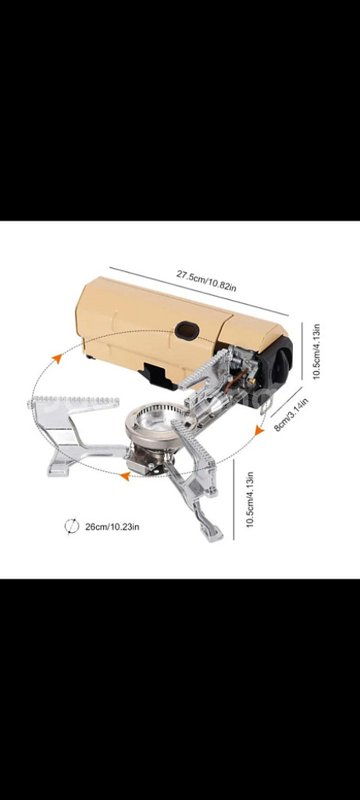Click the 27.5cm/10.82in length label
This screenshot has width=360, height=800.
coord(206,281)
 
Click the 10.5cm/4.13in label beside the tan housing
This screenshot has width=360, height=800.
coord(316,352)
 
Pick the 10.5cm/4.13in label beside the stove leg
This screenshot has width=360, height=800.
coord(250,499)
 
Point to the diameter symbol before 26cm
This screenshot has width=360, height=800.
coord(72,526)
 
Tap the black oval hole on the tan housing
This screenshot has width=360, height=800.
coord(187,330)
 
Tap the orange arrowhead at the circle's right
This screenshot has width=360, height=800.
coord(259,431)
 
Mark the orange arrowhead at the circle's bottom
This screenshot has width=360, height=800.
coord(124,477)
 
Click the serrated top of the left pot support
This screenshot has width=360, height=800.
coord(74,401)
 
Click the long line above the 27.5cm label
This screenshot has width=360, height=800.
coord(198,291)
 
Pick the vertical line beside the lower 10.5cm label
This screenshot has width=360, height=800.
coord(234,499)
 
